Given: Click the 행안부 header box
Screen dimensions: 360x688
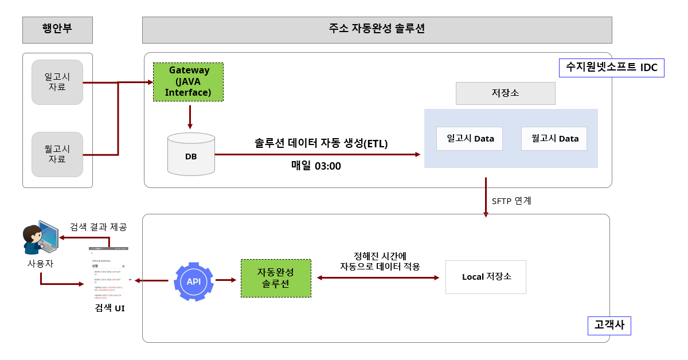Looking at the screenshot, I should coord(57,30).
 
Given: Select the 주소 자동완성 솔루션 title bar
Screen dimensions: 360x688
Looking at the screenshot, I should coord(377,30).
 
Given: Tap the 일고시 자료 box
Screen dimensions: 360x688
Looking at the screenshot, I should coord(57,82).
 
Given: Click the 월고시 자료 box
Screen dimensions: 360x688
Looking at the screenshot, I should coord(57,154).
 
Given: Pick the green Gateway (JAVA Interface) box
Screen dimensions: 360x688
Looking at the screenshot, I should coord(188,82).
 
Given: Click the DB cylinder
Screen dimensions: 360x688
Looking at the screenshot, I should coord(191,154).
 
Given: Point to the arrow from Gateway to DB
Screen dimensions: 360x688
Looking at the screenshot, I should coord(190,116).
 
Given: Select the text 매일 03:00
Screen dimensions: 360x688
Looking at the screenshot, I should coord(316,166).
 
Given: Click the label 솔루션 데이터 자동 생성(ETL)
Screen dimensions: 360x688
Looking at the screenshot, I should coord(321,143).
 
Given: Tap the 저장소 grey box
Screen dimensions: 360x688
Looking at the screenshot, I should coord(505,93).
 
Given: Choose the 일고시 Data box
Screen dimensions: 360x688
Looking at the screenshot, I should coord(469,139).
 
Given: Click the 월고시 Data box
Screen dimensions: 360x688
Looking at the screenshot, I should coord(554,139).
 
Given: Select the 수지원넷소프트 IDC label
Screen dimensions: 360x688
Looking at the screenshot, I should coord(611,67).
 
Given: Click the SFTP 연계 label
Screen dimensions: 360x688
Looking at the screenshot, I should coord(511,201).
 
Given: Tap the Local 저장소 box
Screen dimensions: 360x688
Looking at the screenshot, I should coord(486,277).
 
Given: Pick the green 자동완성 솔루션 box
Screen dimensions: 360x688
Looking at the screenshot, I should coord(276,278).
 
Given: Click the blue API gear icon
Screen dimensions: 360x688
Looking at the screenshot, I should coord(193,281).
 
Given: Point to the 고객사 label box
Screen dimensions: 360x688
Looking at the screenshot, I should coord(609,325).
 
